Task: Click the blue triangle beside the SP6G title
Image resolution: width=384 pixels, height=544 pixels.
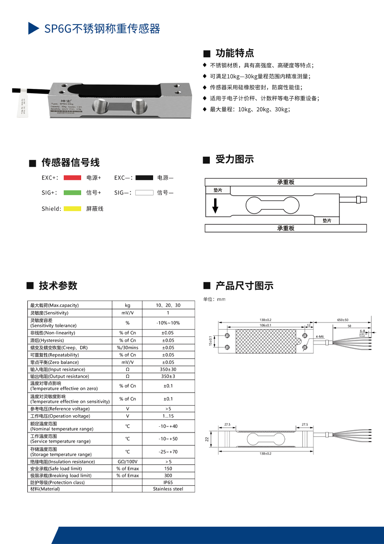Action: pos(33,28)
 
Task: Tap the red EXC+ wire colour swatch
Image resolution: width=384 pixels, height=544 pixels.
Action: pos(72,178)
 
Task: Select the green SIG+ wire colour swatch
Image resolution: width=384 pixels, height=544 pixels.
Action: pos(72,193)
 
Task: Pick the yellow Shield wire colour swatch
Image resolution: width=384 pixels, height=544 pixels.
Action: pos(72,209)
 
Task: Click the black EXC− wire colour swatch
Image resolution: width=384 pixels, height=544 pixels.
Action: pos(144,178)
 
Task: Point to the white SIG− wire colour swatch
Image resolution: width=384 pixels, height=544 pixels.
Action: pos(144,193)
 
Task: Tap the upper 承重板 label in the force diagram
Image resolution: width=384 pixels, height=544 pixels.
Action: pos(286,182)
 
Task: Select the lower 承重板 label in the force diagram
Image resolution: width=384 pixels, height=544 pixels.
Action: pos(286,228)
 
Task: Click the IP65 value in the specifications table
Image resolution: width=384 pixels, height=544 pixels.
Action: pos(168,482)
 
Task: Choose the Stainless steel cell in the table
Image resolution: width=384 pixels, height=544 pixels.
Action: pos(168,489)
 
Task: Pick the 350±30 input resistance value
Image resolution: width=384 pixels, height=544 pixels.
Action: pos(168,369)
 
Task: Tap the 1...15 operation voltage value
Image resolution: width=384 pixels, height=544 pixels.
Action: pos(168,416)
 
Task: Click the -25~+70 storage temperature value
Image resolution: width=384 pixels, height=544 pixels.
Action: pos(168,452)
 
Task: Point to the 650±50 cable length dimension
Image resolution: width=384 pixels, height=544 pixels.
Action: pos(343,320)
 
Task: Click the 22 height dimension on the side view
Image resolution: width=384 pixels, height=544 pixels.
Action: pos(207,439)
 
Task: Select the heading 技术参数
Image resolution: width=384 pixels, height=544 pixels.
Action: pos(58,285)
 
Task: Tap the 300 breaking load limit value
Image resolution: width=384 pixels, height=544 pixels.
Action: pos(168,475)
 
